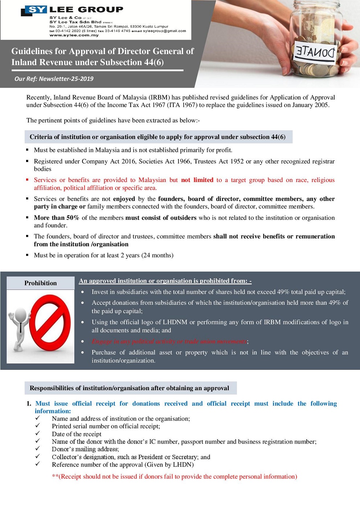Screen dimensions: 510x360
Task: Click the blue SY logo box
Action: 37,9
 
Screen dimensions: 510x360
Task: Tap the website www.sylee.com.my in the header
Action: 74,35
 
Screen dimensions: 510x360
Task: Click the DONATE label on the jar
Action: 315,53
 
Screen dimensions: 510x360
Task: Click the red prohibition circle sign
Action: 50,320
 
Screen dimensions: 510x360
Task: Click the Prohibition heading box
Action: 41,283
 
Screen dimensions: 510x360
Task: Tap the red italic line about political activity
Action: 169,341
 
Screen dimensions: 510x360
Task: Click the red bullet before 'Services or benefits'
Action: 27,180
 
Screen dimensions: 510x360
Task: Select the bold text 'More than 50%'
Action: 56,218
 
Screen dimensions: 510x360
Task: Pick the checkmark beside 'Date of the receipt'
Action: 38,434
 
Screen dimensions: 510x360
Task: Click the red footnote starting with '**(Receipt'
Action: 174,477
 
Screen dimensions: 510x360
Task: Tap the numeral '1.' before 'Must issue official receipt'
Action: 29,404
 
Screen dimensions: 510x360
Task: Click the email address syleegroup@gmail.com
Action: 164,31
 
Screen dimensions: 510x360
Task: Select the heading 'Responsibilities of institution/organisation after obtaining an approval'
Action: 129,388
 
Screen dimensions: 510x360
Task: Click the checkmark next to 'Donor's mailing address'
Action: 38,449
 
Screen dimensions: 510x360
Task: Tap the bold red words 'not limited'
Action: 197,180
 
